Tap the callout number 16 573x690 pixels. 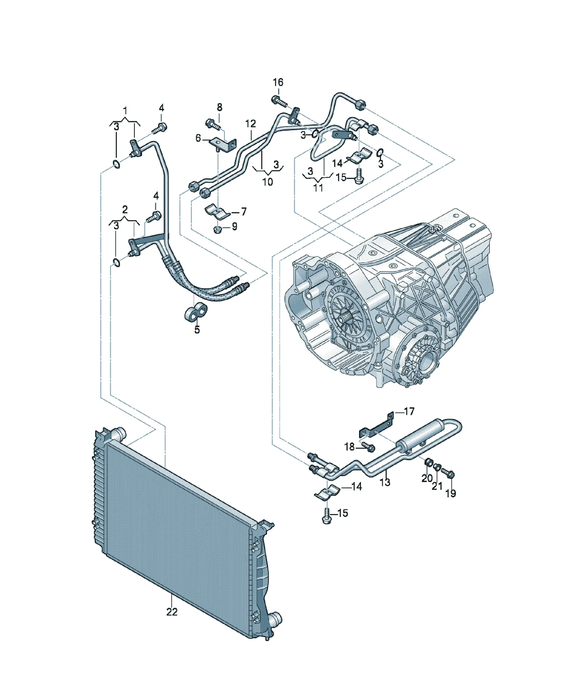[x=278, y=82]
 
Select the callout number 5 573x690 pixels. [x=197, y=330]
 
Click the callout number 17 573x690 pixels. [x=409, y=412]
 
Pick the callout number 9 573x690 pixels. [x=234, y=226]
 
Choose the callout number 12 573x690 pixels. [x=250, y=124]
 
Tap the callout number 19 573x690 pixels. [x=450, y=493]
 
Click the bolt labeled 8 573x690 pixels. [x=214, y=124]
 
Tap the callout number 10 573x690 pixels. [x=268, y=182]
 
